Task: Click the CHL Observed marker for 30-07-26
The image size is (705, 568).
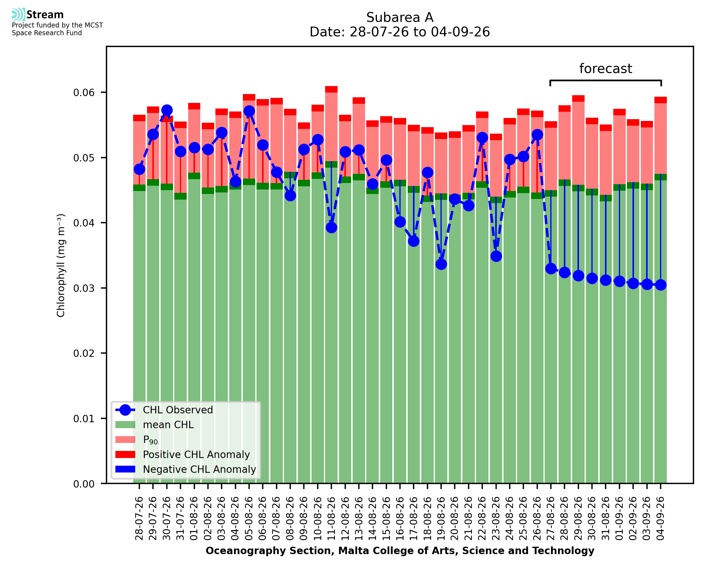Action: pos(167,110)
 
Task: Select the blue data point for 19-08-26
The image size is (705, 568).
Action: pos(441,264)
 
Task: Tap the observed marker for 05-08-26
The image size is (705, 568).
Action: pos(249,111)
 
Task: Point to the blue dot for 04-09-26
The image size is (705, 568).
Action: pos(661,285)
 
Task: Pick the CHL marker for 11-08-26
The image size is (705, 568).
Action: pos(331,227)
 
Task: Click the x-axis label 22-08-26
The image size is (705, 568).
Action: pos(482,518)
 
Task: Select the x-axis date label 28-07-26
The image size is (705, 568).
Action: pos(139,518)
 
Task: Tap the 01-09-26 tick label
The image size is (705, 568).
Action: pos(619,518)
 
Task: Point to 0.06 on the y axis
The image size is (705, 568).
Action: pos(84,93)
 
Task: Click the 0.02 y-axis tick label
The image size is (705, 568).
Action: pos(84,353)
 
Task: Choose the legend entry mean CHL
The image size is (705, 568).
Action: pos(168,425)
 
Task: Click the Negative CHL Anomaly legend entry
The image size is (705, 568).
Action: pos(199,469)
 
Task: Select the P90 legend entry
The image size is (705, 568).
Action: pos(150,440)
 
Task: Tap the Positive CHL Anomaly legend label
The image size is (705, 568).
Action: pos(196,454)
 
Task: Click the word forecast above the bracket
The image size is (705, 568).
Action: pos(606,69)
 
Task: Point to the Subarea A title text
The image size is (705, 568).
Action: pos(400,17)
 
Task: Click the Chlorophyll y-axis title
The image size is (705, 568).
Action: pos(61,265)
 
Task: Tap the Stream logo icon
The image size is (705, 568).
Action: pos(18,14)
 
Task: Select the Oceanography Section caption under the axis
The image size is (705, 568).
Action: pos(400,551)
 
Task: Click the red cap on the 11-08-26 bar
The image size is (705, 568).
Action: pos(331,89)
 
